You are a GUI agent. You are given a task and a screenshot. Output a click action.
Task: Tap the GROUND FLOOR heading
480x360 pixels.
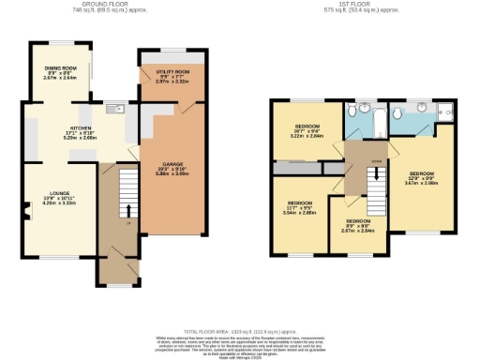104,5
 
